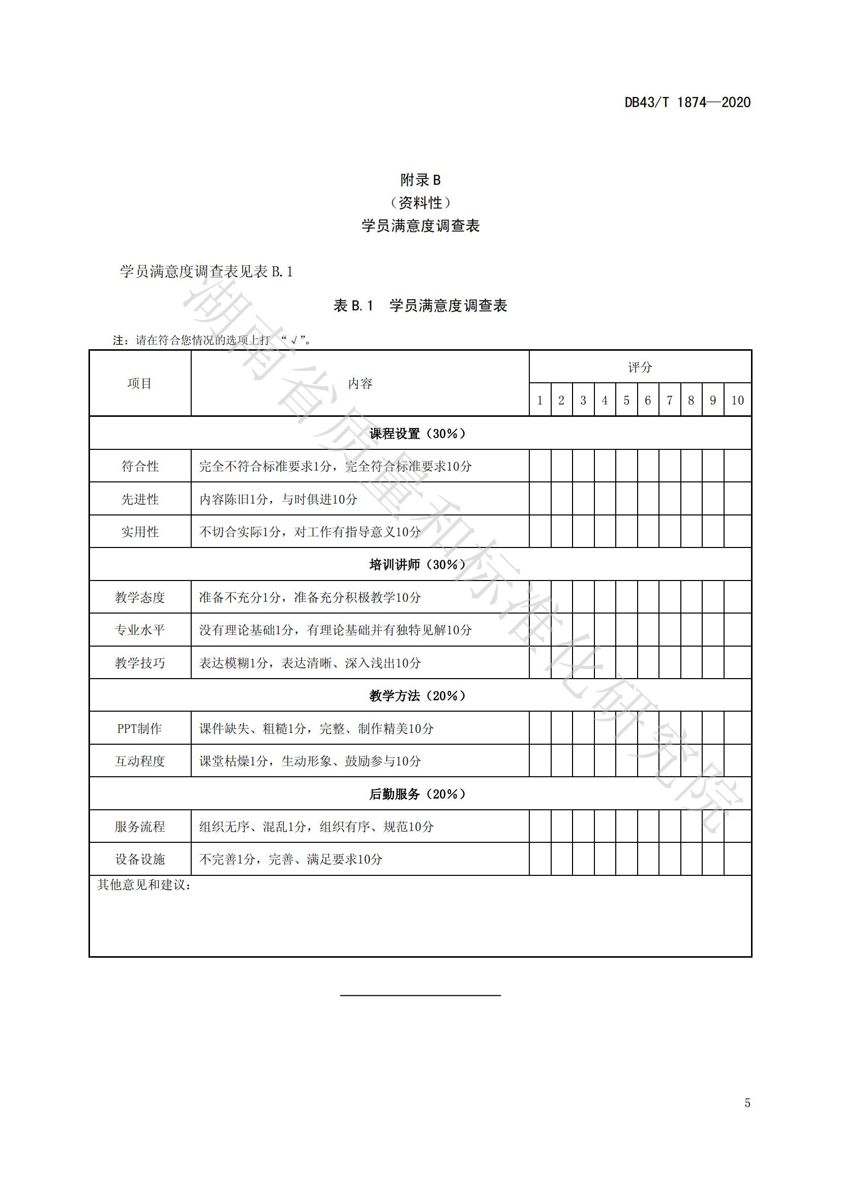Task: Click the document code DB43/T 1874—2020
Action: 687,103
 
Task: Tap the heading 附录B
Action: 420,180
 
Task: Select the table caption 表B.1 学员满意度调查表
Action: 420,306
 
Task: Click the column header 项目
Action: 140,383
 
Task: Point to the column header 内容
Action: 360,383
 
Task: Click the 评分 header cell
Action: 640,367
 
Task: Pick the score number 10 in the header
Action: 737,400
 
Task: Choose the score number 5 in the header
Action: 626,400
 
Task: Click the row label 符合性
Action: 140,466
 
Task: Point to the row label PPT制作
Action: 140,728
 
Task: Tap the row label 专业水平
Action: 140,630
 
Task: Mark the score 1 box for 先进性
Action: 539,499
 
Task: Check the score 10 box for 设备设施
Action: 737,859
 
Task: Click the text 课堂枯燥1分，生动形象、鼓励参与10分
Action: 310,761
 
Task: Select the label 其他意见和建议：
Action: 144,885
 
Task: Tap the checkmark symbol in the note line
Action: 293,341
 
